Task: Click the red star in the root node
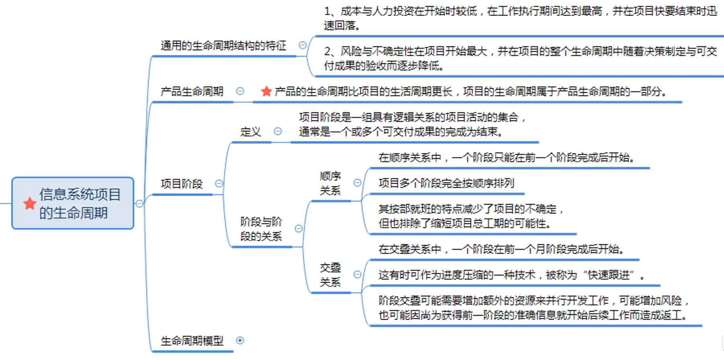pos(29,204)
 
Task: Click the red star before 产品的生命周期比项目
pos(266,91)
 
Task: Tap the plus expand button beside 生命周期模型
pos(240,340)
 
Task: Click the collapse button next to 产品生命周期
pos(240,91)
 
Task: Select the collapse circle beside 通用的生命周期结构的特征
pos(303,45)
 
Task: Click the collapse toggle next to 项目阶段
pos(219,183)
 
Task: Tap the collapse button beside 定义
pos(278,131)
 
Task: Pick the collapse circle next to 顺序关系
pos(357,183)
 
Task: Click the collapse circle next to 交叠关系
pos(357,274)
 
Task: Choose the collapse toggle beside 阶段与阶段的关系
pos(299,228)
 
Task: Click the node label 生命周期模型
pos(192,341)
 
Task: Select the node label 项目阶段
pos(181,184)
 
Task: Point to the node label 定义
pos(250,132)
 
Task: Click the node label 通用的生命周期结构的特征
pos(223,45)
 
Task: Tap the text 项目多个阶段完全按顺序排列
pos(446,183)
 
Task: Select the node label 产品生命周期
pos(192,91)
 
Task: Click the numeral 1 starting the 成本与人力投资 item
pos(327,11)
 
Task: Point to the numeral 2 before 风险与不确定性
pos(328,51)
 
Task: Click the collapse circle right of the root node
pos(139,204)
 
